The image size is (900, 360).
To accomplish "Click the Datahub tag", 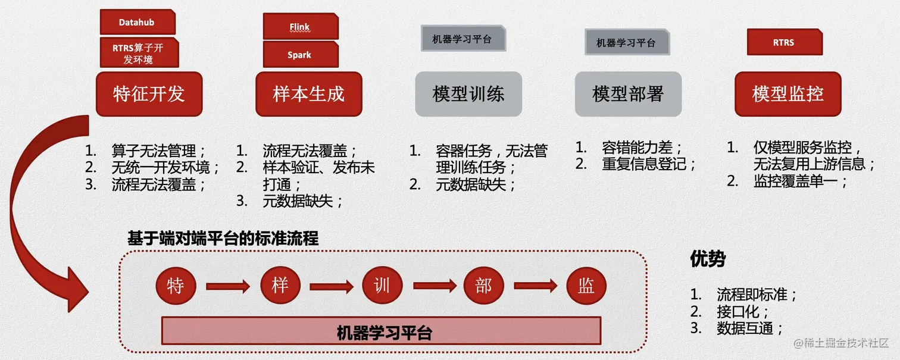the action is (137, 23).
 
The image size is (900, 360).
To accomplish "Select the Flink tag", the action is (300, 27).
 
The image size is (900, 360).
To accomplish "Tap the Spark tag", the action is (300, 55).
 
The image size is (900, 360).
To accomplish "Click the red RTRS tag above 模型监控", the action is (784, 42).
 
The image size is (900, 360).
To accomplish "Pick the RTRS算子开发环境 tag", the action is (139, 53).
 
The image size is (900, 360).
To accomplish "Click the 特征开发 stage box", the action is (149, 93).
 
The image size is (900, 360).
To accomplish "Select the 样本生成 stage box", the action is (308, 93).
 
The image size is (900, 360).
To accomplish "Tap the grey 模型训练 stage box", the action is (468, 93).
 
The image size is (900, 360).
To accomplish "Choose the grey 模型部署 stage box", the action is (628, 93).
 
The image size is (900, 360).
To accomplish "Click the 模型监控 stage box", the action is (787, 93).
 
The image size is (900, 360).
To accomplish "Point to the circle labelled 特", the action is (175, 286).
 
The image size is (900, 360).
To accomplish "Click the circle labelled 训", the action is (382, 286).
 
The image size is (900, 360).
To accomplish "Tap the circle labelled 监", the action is (586, 286).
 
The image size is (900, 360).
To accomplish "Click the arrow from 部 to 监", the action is (535, 287).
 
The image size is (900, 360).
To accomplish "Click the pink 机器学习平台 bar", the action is (381, 331).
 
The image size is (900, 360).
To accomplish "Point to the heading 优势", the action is (708, 259).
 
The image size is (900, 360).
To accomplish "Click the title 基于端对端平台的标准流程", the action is (223, 239).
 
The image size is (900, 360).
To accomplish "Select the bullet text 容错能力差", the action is (642, 147).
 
